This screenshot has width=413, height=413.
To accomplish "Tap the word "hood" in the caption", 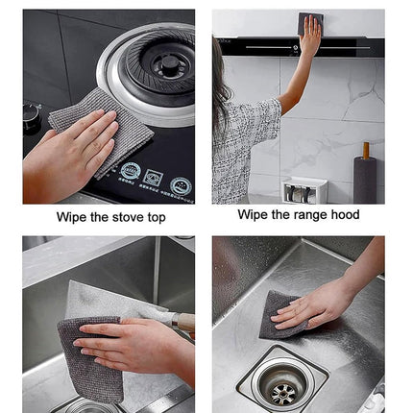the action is click(x=345, y=214).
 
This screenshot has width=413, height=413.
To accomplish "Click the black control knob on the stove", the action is click(x=32, y=116).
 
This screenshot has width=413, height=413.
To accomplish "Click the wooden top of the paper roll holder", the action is click(x=366, y=151).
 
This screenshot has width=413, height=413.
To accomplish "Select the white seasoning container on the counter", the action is click(x=304, y=190).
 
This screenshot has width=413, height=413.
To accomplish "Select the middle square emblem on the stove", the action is click(x=153, y=177).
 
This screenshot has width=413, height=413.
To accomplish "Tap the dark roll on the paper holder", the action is click(x=365, y=180).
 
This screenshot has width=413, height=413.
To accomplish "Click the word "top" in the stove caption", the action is click(x=157, y=218).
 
